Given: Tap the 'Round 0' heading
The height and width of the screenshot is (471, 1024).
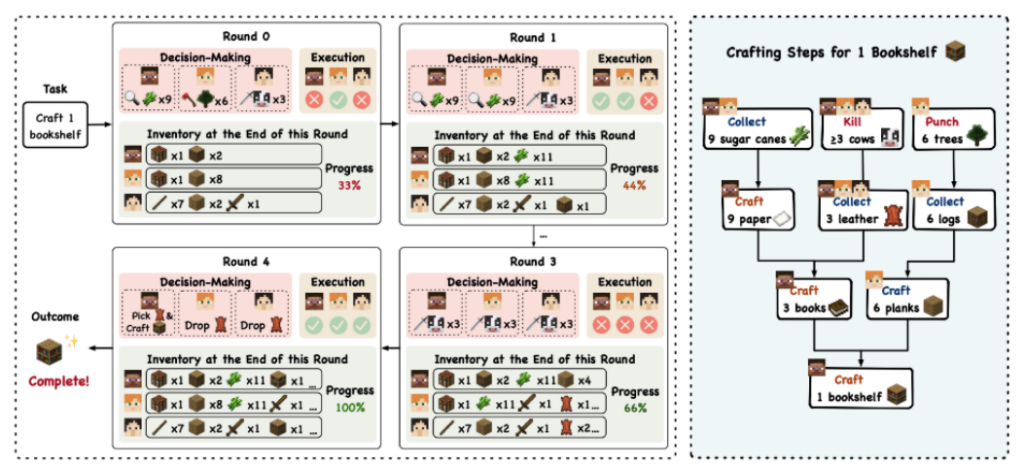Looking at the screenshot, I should pyautogui.click(x=252, y=37).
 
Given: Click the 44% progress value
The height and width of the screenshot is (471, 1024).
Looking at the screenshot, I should pyautogui.click(x=635, y=184).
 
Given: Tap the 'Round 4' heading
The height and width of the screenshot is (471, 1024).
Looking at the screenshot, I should pyautogui.click(x=252, y=260).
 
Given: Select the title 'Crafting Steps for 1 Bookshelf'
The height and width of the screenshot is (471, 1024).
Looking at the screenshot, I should pyautogui.click(x=842, y=53).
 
